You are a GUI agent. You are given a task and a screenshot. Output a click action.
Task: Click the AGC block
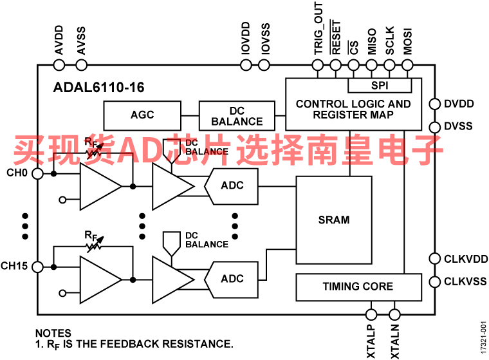[x=142, y=115]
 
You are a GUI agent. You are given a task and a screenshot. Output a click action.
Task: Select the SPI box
[x=380, y=85]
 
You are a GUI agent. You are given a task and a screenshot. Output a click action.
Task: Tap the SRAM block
[x=334, y=220]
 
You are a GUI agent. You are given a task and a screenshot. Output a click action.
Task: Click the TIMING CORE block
[x=358, y=287]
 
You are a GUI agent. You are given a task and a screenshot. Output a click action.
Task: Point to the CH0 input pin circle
[x=38, y=174]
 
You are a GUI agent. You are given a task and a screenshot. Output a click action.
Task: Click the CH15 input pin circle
[x=38, y=267]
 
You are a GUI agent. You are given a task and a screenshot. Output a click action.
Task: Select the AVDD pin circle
[x=59, y=65]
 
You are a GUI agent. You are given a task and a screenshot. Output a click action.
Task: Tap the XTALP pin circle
[x=371, y=314]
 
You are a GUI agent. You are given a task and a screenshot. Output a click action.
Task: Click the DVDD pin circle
[x=435, y=104]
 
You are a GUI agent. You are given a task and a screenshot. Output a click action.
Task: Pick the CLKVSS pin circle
[x=435, y=281]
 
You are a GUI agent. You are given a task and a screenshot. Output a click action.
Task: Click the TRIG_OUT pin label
[x=318, y=28]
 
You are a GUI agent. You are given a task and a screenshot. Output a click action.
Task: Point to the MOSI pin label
[x=407, y=41]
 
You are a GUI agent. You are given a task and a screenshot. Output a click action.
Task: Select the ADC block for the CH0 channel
[x=231, y=186]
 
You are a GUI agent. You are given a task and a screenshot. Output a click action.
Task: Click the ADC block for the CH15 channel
[x=231, y=279]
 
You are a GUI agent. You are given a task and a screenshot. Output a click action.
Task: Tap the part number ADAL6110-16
[x=99, y=88]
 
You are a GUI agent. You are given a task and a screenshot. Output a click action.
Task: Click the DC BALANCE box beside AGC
[x=237, y=116]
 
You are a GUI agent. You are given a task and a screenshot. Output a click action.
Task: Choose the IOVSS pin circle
[x=264, y=65]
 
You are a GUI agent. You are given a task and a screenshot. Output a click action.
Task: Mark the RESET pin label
[x=336, y=37]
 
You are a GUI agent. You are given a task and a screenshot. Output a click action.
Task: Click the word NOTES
[x=53, y=333]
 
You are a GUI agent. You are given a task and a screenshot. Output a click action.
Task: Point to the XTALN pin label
[x=395, y=341]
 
